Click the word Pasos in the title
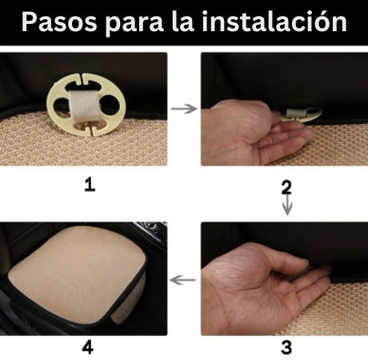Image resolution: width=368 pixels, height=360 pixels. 57,22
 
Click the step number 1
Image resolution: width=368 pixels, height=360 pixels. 90,185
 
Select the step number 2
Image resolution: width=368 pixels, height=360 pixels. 286,187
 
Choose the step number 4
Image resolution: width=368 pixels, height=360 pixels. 89,347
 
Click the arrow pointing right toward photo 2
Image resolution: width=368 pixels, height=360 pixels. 184,108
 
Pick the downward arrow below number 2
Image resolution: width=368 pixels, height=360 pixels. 286,207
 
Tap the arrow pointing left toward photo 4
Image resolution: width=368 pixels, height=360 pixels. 184,280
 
